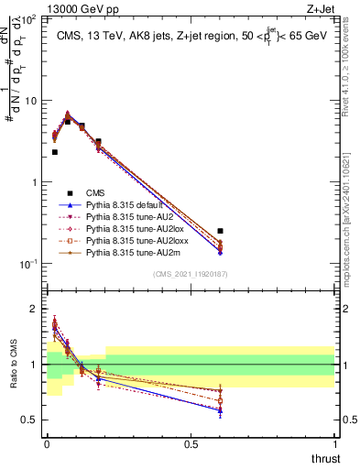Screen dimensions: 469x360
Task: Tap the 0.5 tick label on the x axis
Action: (x=190, y=443)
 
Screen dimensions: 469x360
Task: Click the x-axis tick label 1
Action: (x=334, y=443)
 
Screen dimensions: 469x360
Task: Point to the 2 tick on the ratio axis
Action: (x=34, y=310)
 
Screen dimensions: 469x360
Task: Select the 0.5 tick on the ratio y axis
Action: (x=29, y=420)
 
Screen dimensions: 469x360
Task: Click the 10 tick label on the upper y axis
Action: (x=30, y=100)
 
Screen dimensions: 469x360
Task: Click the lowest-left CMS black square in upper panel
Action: (x=55, y=152)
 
